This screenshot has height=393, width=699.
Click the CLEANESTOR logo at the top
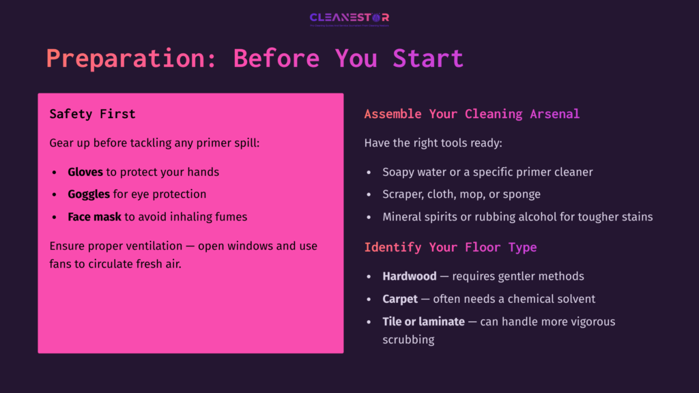349,18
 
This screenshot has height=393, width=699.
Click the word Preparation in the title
125,58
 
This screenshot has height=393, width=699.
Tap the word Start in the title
428,58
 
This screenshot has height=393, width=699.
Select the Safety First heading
92,114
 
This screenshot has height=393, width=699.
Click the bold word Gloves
85,172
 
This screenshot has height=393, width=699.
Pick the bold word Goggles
89,194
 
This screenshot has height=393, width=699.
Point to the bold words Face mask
94,217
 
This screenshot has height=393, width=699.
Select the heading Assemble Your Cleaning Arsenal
472,114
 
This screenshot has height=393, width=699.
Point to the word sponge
522,194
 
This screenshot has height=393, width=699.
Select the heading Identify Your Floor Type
451,247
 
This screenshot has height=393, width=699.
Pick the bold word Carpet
400,299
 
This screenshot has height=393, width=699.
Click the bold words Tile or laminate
423,321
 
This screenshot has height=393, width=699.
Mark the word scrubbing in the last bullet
408,339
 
